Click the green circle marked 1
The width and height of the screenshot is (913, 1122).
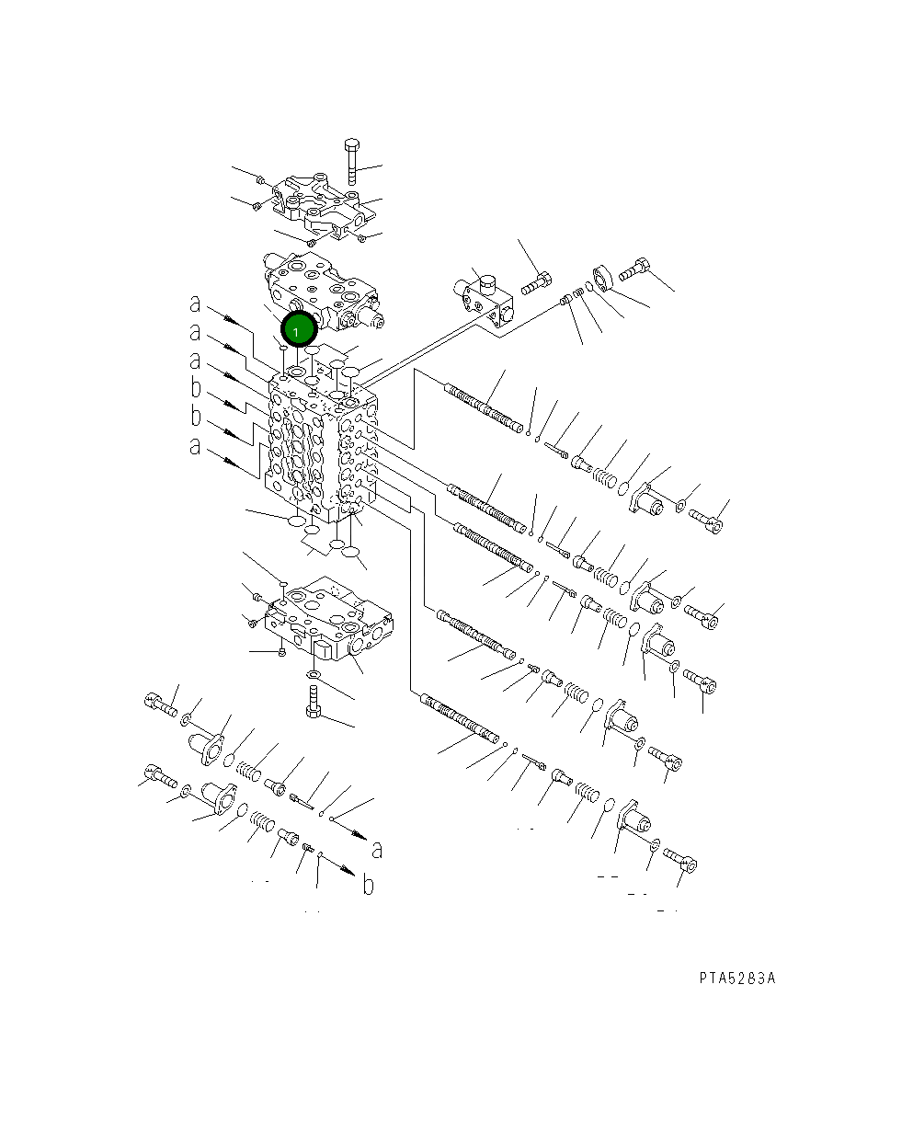(x=299, y=329)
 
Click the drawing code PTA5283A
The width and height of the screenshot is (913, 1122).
(x=736, y=978)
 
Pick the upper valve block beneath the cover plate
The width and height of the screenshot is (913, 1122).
(x=320, y=292)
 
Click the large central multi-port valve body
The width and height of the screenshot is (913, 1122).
(x=322, y=446)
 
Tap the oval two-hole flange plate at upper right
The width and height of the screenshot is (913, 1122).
(x=603, y=278)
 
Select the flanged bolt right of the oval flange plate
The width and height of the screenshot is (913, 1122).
(x=635, y=270)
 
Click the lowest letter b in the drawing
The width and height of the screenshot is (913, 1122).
(x=367, y=886)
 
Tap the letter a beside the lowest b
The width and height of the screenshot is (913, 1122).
(x=376, y=849)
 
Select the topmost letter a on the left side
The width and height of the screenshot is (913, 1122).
(x=195, y=304)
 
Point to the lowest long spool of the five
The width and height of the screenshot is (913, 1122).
(x=458, y=718)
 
